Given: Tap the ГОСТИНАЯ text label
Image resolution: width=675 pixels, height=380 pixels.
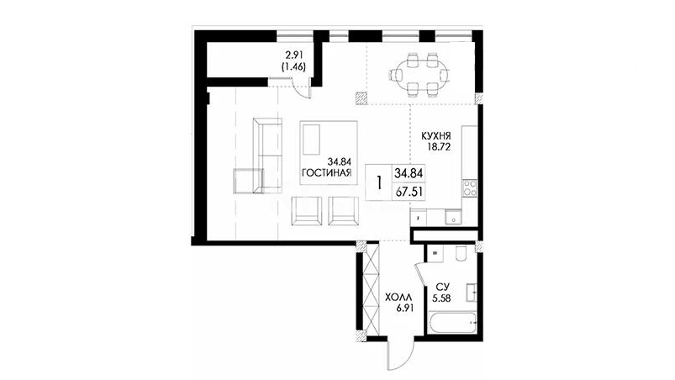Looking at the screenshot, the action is point(327,173).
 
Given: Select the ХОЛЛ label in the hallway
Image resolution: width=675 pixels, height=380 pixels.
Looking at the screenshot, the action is point(398,298).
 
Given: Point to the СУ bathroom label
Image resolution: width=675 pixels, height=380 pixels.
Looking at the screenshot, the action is point(442,287).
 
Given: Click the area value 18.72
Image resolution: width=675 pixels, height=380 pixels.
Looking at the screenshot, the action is point(438,147).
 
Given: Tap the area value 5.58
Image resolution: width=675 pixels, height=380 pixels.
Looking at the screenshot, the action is point(441,298).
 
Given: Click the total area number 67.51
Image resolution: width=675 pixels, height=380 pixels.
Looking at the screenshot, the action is point(408,192).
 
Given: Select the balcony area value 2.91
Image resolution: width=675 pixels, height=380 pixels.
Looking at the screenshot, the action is point(295,55).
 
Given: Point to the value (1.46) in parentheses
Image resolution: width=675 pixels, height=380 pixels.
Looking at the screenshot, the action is point(293,66).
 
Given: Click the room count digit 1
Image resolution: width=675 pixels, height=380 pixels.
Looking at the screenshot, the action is point(378,183).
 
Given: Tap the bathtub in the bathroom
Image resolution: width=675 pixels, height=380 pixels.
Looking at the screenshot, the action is point(452,323).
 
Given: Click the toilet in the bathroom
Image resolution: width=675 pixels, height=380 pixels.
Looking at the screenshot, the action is point(460,254).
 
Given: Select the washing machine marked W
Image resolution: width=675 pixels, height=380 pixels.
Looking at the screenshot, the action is point(435,253).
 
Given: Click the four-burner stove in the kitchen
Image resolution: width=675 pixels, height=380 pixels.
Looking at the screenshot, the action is point(469,188).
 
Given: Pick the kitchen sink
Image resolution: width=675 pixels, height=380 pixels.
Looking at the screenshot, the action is point(453,218).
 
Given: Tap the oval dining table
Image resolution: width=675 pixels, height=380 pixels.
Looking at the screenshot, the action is point(419,74).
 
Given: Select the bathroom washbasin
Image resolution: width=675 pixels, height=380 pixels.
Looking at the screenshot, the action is point(470,293).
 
